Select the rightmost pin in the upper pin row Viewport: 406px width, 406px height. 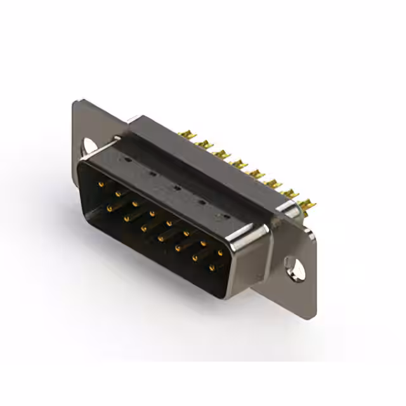coord(220,253)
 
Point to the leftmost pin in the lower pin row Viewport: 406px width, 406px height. coord(108,207)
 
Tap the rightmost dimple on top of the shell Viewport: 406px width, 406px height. coord(221,216)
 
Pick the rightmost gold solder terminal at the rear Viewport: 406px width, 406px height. coord(311,204)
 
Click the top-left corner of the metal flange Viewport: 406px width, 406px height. coord(75,101)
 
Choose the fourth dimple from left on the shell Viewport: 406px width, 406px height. coord(200,202)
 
